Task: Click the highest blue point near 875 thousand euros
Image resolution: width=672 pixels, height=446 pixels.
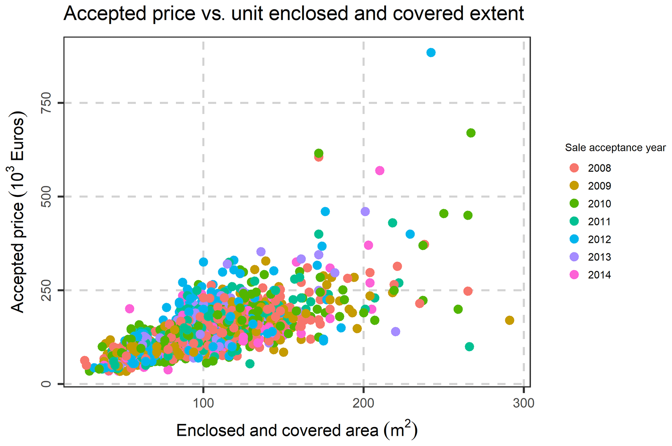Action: (431, 52)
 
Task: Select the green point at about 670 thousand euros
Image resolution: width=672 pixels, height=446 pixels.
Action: (471, 133)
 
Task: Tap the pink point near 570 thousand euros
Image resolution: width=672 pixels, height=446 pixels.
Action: (379, 171)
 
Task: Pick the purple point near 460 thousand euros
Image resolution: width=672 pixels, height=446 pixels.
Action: (365, 212)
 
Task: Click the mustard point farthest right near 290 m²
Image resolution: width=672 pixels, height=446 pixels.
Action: (509, 320)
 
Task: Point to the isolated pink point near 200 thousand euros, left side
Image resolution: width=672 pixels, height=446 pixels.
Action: (129, 308)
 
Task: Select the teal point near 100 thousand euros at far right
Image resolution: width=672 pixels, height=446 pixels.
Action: (469, 347)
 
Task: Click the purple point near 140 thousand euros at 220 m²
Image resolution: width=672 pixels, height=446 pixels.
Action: (395, 332)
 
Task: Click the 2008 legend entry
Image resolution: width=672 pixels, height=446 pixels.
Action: (599, 168)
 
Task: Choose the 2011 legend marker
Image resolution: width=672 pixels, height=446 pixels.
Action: (574, 221)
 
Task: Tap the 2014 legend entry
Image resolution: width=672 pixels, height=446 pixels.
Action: (599, 275)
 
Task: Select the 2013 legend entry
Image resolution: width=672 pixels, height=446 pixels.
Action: (599, 257)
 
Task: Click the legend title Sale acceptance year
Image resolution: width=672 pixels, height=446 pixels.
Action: (615, 148)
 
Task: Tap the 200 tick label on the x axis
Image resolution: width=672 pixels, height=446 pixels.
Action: (363, 403)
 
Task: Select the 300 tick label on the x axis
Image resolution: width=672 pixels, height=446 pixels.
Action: (523, 403)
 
